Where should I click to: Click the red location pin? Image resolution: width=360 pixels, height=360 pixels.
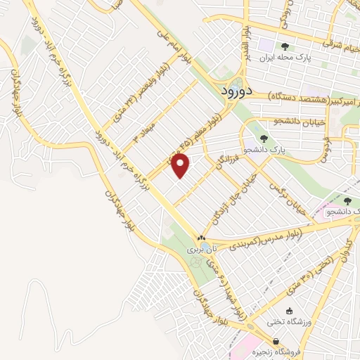[181, 166]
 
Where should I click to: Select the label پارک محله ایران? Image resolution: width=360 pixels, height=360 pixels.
[284, 58]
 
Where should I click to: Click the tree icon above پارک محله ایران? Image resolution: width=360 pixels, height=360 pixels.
[284, 46]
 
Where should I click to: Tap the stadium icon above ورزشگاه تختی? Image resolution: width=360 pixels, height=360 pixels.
[289, 311]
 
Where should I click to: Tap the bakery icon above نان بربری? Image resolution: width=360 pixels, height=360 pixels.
[202, 238]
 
